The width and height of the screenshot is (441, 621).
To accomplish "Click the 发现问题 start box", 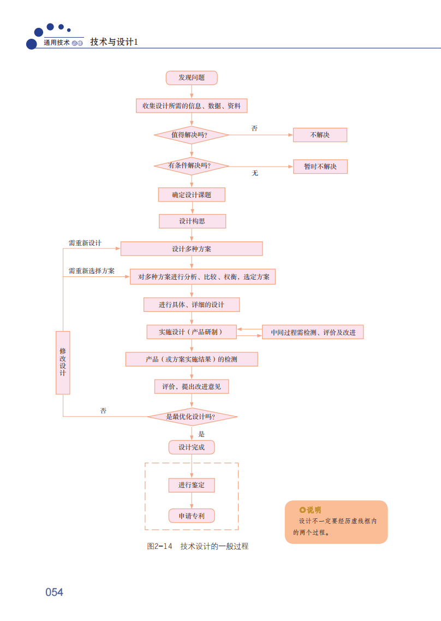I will pos(192,78).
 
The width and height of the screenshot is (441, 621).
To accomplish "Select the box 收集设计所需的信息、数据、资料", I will pos(192,106).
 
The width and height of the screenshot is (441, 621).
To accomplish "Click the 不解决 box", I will pos(320,135).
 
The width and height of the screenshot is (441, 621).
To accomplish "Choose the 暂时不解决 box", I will pos(320,167).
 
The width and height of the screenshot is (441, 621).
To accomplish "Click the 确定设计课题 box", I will pos(192,195).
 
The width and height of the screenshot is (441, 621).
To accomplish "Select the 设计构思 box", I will pos(192,221).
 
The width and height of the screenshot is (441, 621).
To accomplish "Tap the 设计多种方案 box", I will pos(192,249).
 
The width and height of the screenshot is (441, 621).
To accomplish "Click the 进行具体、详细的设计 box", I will pos(192,304).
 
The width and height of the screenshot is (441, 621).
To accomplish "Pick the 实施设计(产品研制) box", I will pos(192,332).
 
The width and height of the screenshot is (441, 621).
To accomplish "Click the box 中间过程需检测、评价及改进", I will pos(313,332).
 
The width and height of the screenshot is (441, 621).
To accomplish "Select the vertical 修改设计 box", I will pos(63,363).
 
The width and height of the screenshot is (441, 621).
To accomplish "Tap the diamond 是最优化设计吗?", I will pos(192,417).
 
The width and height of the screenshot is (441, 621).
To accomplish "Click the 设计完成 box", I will pos(192,447).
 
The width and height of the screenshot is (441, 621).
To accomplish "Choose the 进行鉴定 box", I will pos(192,485).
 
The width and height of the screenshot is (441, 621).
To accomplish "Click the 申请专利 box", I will pos(192,516).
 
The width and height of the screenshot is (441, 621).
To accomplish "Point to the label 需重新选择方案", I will pos(92,271).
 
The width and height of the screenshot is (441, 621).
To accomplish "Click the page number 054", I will pos(55,592).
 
